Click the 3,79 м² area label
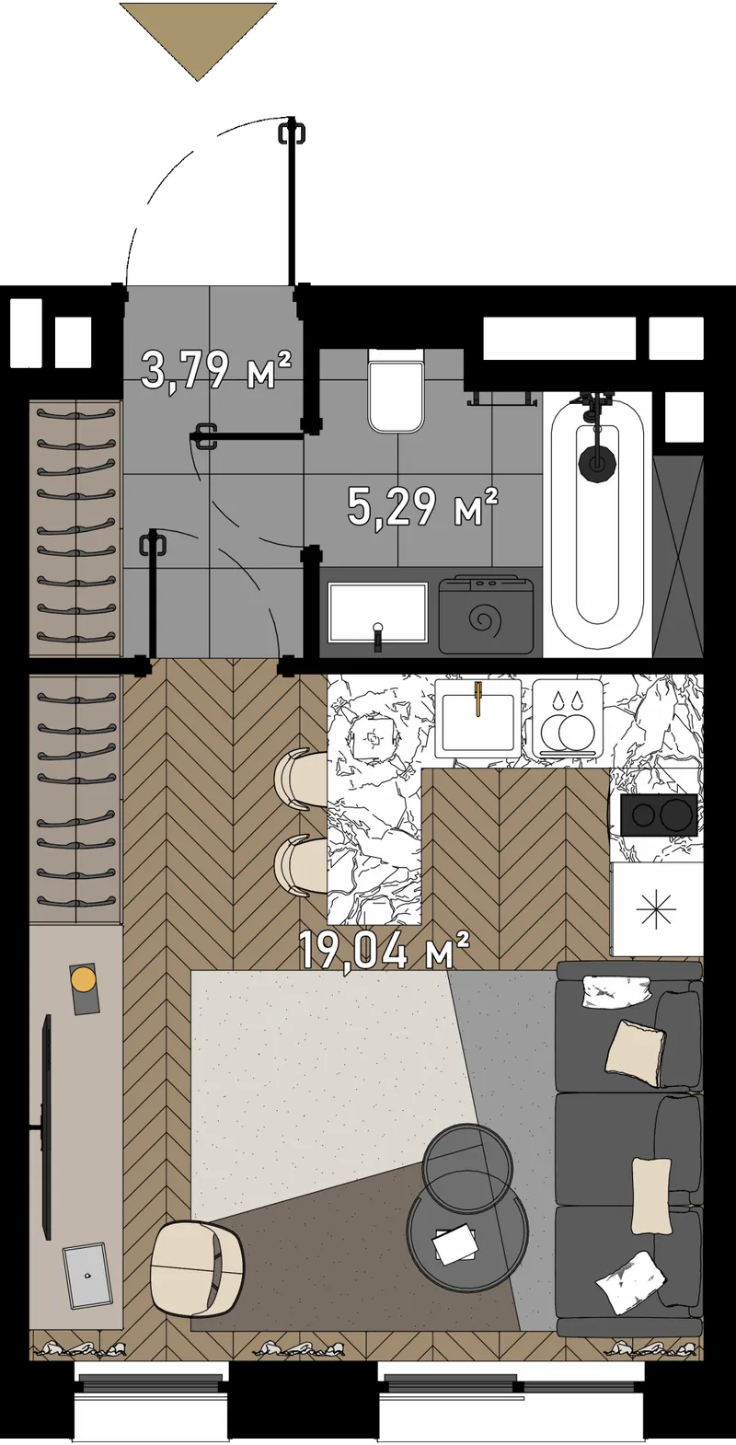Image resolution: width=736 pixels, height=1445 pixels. [x=217, y=370]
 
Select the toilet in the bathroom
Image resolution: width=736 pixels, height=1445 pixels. [x=397, y=391]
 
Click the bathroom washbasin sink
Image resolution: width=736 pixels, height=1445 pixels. [x=378, y=613]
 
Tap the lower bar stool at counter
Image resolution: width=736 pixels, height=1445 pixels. [x=301, y=866]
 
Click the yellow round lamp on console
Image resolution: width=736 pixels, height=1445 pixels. [x=83, y=979]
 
